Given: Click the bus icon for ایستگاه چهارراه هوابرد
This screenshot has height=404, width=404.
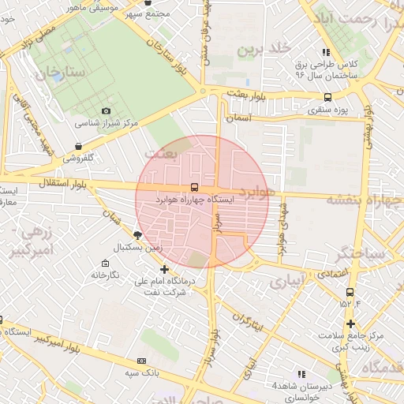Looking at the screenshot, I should [x=194, y=187].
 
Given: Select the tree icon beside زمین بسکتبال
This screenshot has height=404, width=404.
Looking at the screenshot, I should [x=138, y=234].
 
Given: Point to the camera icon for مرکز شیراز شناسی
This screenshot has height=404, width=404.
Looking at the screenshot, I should [x=107, y=111].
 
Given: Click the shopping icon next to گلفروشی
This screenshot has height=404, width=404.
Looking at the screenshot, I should [x=77, y=146].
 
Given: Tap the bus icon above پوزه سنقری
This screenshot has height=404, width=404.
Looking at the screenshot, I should [x=327, y=98].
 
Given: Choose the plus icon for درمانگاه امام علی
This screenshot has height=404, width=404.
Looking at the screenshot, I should [x=164, y=269].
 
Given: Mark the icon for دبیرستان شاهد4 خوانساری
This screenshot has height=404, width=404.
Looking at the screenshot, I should [x=301, y=373].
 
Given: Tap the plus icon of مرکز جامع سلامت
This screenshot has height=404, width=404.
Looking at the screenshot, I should [x=350, y=324].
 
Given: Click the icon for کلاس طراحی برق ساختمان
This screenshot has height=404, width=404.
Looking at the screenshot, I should [x=327, y=52].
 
